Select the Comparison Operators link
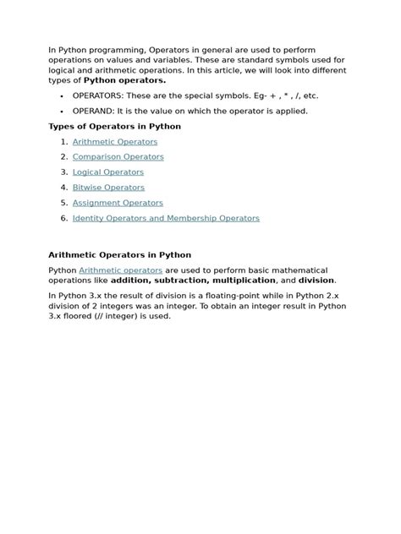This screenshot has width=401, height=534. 118,157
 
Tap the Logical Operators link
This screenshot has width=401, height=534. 108,172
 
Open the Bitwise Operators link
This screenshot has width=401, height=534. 108,188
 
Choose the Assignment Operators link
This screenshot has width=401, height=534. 118,203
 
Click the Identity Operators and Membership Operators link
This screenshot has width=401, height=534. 166,218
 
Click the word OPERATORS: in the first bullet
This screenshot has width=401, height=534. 98,95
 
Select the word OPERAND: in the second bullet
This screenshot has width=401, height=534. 94,111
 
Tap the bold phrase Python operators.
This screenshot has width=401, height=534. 125,81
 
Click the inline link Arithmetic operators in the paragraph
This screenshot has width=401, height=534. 121,270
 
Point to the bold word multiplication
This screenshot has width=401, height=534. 241,280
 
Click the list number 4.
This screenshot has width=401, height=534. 63,188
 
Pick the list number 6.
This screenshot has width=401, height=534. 63,218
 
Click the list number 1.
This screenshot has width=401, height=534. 63,142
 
